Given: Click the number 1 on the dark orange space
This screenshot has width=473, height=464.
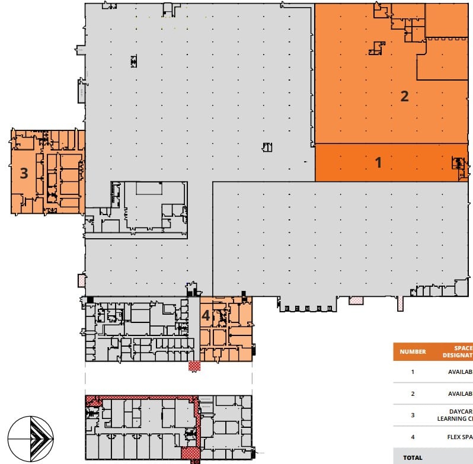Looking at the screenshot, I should pos(379,162).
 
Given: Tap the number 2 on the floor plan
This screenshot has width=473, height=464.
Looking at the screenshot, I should pos(405,96).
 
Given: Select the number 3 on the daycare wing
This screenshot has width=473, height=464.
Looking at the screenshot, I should pos(24,173).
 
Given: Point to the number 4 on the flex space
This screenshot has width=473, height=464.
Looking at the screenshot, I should pos(206,316).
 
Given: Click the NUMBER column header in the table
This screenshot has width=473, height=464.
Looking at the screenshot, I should pos(413,351).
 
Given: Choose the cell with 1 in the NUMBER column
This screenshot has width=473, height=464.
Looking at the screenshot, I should pos(413,373).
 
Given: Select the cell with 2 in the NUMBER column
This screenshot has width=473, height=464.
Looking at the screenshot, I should pos(413,393).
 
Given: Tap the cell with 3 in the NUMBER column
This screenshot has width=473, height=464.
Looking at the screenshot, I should pos(413,415).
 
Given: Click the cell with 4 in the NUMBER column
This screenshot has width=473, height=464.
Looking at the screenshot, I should pos(413,437).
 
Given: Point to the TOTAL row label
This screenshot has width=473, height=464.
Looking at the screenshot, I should pos(413,457).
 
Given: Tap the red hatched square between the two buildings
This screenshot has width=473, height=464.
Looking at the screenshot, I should pos(194,366).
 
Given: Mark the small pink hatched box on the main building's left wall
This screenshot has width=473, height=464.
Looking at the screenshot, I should pos(82,280).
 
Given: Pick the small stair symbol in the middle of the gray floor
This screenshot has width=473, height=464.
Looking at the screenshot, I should pos(267,147).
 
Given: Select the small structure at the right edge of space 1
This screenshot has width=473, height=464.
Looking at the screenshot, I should pos(459,165).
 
